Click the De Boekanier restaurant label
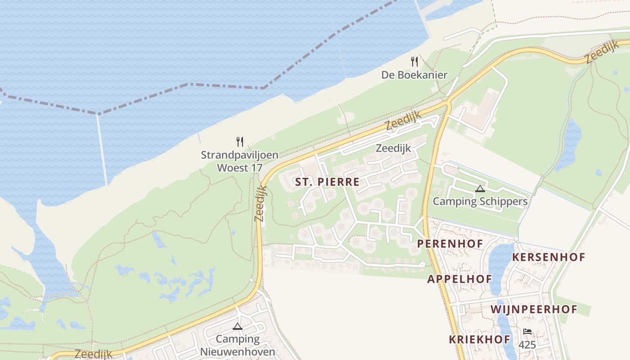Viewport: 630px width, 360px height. [414, 75]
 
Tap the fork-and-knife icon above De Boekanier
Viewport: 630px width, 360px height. [414, 62]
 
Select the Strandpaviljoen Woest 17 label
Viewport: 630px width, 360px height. [239, 162]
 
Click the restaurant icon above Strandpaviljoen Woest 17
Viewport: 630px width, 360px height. [240, 142]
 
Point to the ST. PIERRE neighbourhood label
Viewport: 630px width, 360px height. [327, 182]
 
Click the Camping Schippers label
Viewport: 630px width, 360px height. [480, 201]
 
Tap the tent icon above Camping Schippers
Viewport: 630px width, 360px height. [480, 189]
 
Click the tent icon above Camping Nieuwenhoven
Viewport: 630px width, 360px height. [238, 326]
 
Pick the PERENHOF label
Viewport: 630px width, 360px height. [450, 244]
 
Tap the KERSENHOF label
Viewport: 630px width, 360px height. [549, 257]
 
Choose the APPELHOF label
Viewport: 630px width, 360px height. [459, 279]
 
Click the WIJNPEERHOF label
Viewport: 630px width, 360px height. [534, 309]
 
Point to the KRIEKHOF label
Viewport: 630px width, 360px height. [479, 339]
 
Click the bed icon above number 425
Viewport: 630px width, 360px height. [527, 332]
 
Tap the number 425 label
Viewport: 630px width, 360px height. [527, 345]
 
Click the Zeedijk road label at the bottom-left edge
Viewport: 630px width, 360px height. [94, 355]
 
